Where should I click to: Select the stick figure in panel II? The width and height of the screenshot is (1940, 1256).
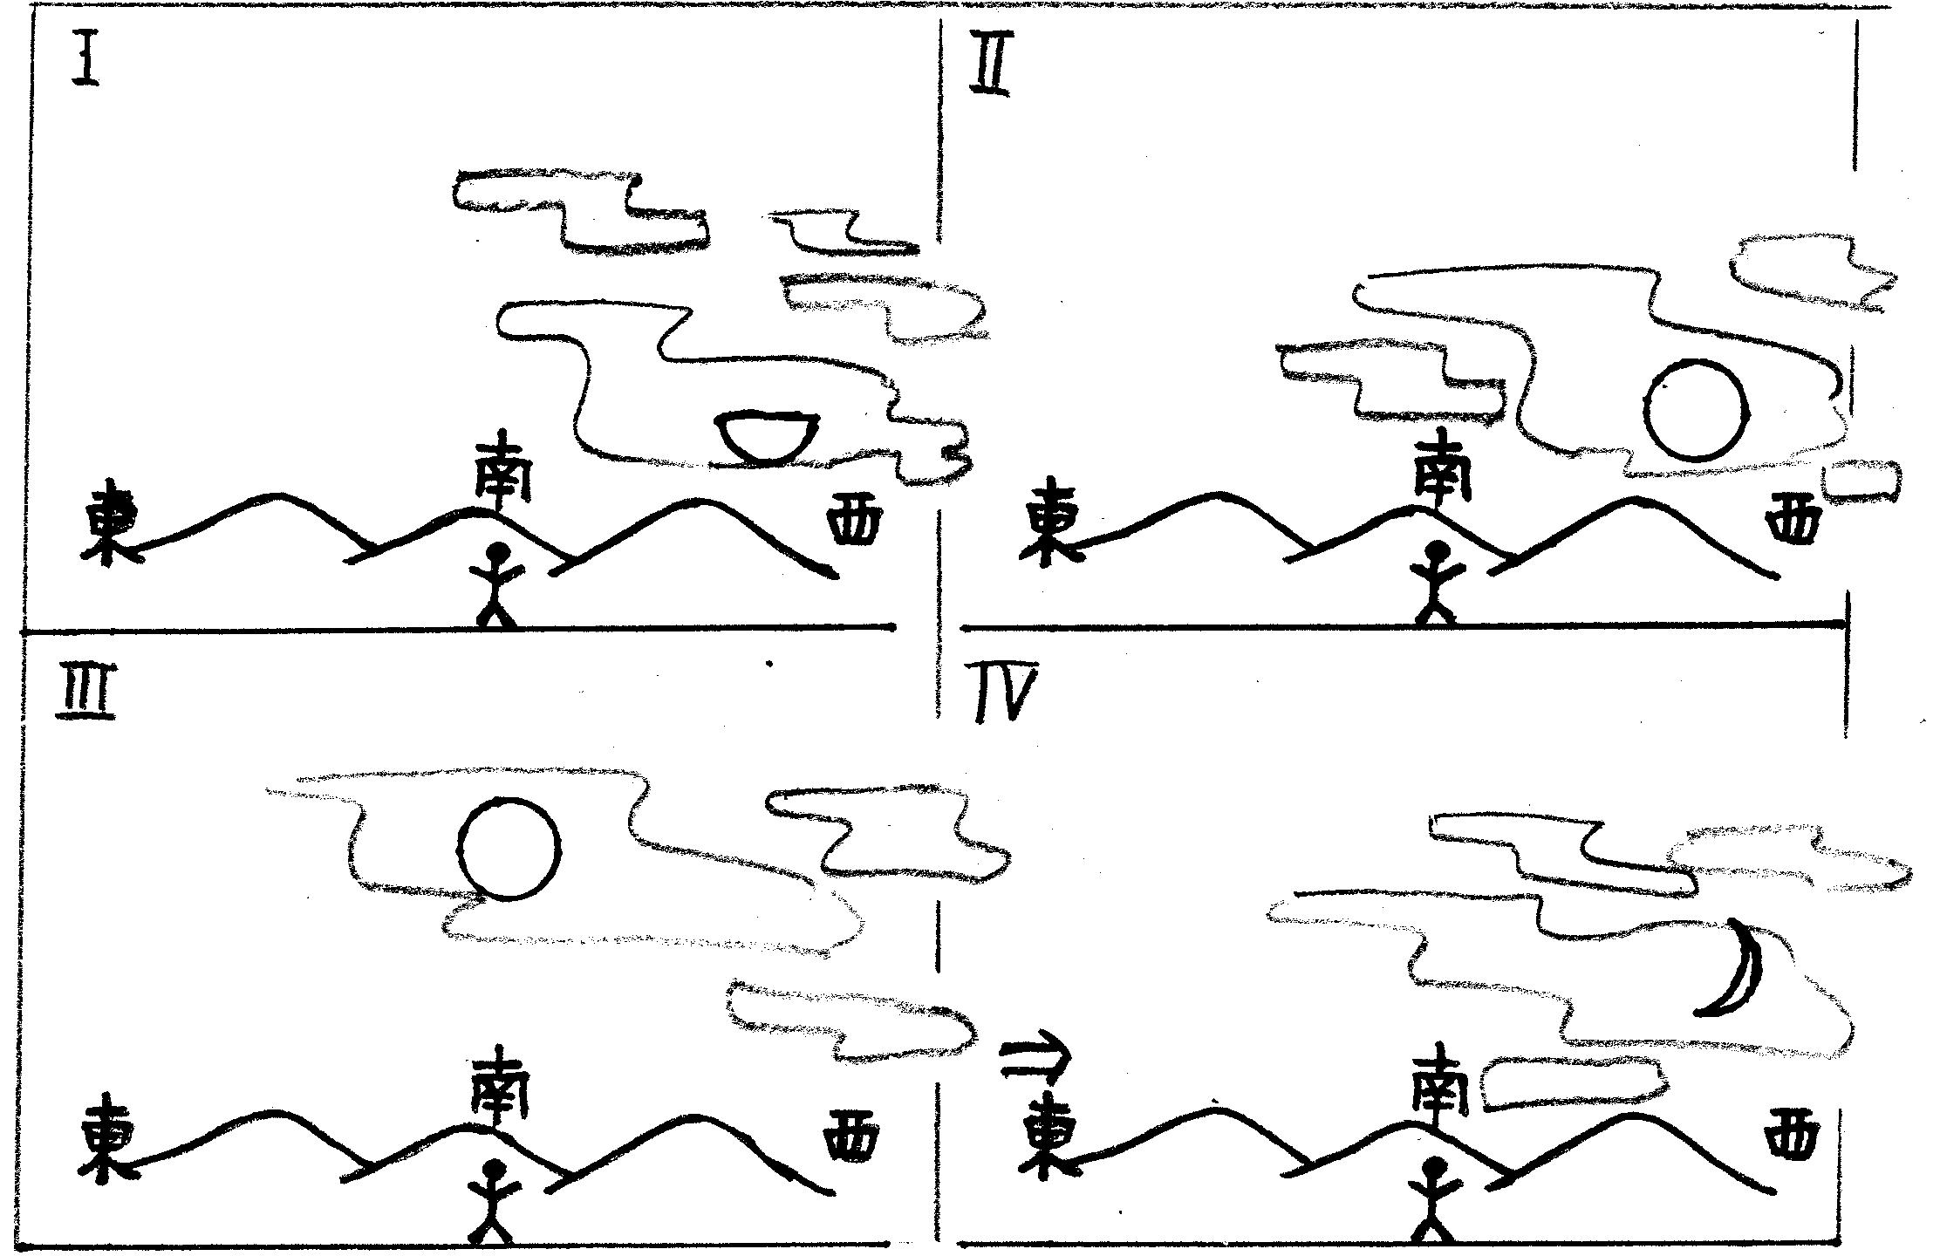pyautogui.click(x=1434, y=581)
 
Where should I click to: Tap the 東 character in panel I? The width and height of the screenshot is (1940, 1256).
pyautogui.click(x=106, y=523)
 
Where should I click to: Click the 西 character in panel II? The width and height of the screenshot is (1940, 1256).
pyautogui.click(x=1793, y=523)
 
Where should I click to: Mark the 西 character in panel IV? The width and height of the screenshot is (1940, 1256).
pyautogui.click(x=1792, y=1134)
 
